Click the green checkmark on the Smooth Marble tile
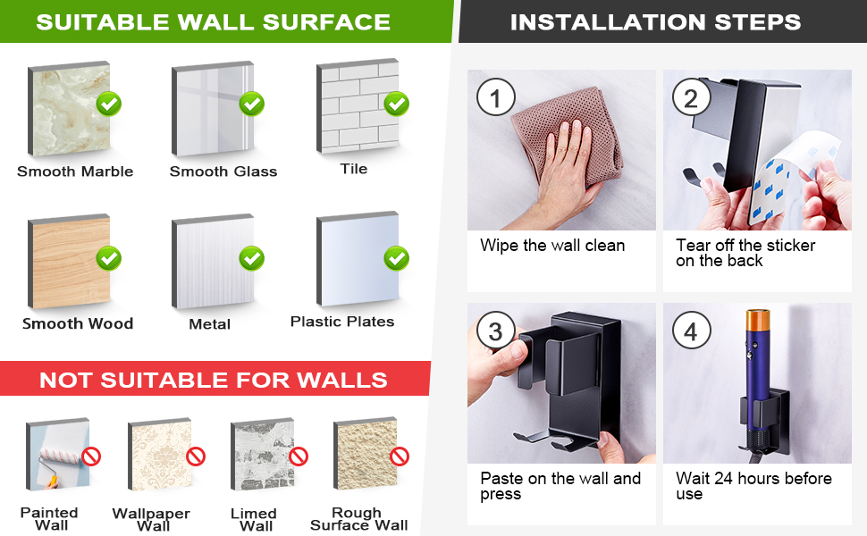click(x=109, y=104)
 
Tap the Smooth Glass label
click(x=223, y=172)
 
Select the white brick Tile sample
click(x=358, y=105)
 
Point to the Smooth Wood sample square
click(x=69, y=262)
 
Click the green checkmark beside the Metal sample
click(x=251, y=258)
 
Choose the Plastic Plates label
click(x=342, y=322)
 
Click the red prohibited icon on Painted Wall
click(x=91, y=457)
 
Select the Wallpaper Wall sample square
click(x=160, y=454)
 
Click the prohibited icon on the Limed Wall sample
click(x=299, y=456)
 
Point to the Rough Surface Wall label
click(x=358, y=519)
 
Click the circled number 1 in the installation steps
click(x=495, y=97)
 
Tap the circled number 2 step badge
click(x=691, y=97)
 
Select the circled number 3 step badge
click(x=495, y=331)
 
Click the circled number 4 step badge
click(x=691, y=331)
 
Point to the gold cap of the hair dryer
click(x=758, y=320)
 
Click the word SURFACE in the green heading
click(x=326, y=22)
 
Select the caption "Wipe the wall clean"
click(x=552, y=246)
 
